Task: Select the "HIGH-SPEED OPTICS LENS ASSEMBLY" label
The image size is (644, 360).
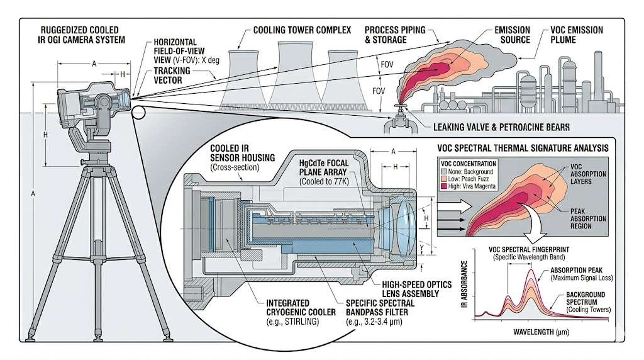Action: pos(417,289)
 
